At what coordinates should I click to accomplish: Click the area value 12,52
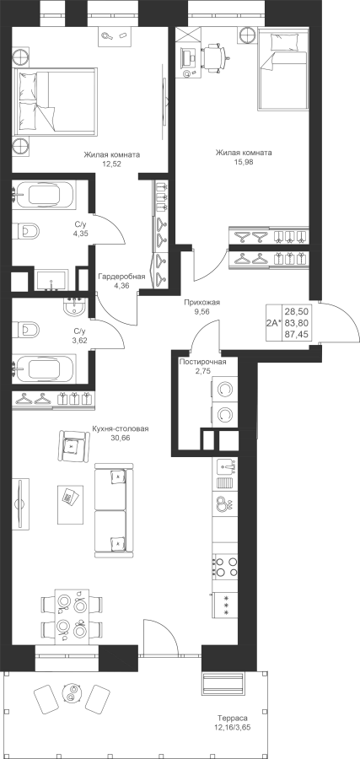click(112, 164)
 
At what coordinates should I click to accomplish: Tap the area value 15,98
click(244, 162)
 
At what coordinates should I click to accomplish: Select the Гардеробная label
click(121, 277)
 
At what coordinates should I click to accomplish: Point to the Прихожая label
click(201, 303)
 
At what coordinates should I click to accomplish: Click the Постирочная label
click(202, 362)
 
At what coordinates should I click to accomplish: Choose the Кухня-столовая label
click(120, 429)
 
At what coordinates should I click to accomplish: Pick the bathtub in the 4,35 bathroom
click(43, 196)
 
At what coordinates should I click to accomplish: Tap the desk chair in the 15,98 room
click(214, 57)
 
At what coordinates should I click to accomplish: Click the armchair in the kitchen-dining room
click(74, 445)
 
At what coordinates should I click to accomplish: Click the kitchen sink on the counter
click(225, 466)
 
